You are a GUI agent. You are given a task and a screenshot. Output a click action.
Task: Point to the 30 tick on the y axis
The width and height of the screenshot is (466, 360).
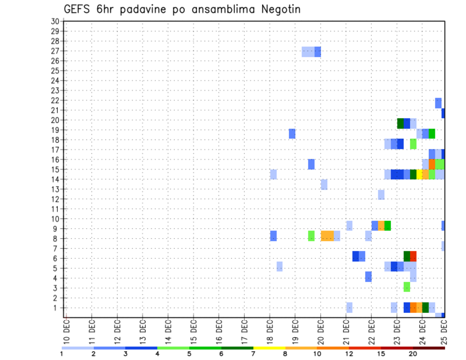[x=55, y=21]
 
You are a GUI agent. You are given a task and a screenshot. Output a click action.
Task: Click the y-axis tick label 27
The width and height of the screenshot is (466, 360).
[x=55, y=51]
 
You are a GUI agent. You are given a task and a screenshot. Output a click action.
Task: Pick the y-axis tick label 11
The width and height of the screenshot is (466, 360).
[x=55, y=209]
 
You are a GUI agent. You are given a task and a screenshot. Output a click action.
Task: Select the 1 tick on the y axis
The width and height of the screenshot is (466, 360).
[x=57, y=308]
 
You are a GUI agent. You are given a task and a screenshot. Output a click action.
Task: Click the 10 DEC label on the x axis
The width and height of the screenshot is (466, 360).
[x=67, y=330]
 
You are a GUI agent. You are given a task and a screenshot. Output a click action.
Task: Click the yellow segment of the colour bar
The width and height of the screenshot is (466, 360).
[x=269, y=348]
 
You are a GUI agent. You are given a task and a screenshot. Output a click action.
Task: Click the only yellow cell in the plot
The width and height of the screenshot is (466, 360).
[x=419, y=174]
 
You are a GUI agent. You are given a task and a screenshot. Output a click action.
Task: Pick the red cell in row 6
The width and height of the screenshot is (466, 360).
[x=413, y=256]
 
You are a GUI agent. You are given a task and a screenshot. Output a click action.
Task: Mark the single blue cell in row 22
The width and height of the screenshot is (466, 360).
[x=438, y=103]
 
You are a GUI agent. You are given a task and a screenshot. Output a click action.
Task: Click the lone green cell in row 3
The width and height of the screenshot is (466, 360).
[x=407, y=287]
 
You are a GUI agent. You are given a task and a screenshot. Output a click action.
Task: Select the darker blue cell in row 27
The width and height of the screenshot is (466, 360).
[x=317, y=51]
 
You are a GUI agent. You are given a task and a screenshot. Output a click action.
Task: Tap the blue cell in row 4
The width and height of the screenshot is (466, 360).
[x=368, y=277]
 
